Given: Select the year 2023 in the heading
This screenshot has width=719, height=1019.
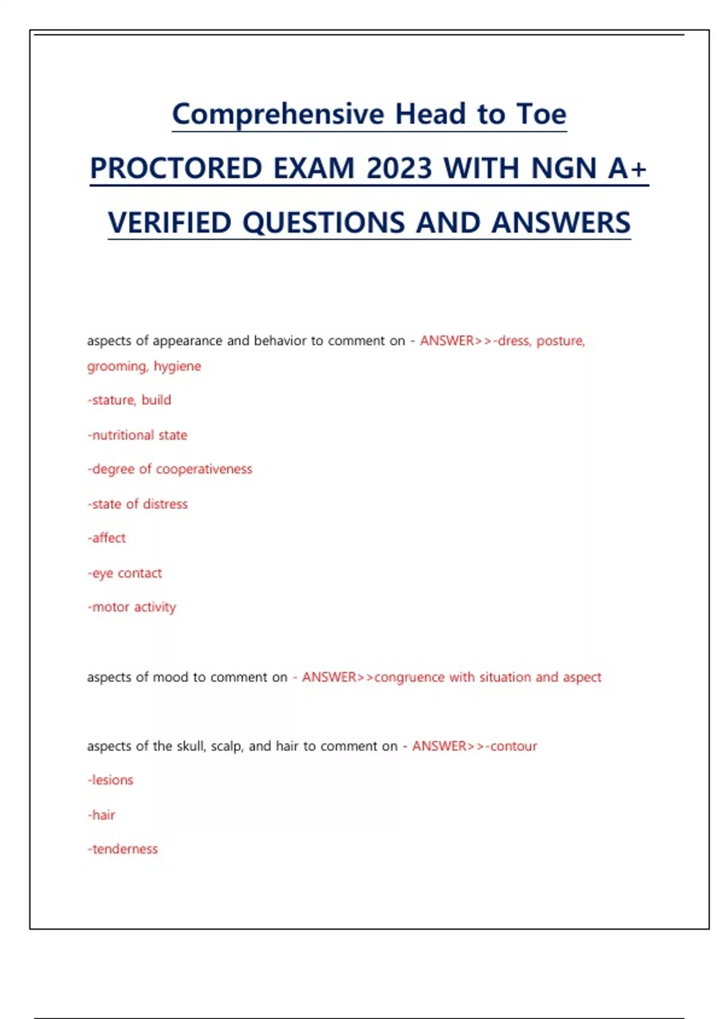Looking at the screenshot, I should click(x=399, y=168).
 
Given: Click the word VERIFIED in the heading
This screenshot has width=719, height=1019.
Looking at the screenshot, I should click(x=170, y=222).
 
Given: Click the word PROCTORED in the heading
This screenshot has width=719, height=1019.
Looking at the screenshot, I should click(x=176, y=168).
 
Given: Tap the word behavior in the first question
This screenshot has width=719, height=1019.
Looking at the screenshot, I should click(x=279, y=340).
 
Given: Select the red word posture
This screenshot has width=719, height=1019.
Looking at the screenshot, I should click(x=560, y=340).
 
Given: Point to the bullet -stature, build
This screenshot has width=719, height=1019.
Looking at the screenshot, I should click(x=129, y=400).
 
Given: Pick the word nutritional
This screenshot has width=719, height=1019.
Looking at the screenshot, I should click(x=123, y=435).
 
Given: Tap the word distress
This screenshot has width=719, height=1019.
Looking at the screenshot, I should click(x=165, y=504).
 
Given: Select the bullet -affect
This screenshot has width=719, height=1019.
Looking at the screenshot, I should click(x=107, y=538).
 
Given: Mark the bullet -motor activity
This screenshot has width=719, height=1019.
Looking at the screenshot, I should click(x=132, y=607).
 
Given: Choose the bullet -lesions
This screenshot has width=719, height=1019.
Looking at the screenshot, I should click(x=111, y=780).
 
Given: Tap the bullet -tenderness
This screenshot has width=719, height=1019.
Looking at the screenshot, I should click(x=123, y=849).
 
